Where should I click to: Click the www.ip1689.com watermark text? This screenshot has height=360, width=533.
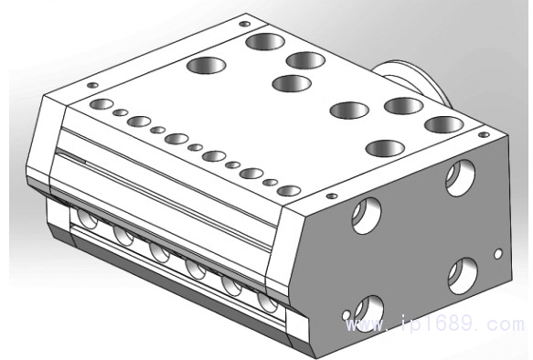point(435,323)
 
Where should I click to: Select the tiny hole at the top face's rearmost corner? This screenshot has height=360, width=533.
point(245,24)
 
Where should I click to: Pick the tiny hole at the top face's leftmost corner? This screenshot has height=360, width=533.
point(92,85)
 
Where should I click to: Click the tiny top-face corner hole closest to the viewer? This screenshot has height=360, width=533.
point(332,196)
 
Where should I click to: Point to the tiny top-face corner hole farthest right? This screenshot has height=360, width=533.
point(484,135)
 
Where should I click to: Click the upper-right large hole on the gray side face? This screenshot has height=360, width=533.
point(460,177)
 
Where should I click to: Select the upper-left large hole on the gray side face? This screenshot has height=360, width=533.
point(367,216)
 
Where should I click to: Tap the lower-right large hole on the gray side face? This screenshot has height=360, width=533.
point(463,276)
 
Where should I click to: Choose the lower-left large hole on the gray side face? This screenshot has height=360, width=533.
point(368,313)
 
